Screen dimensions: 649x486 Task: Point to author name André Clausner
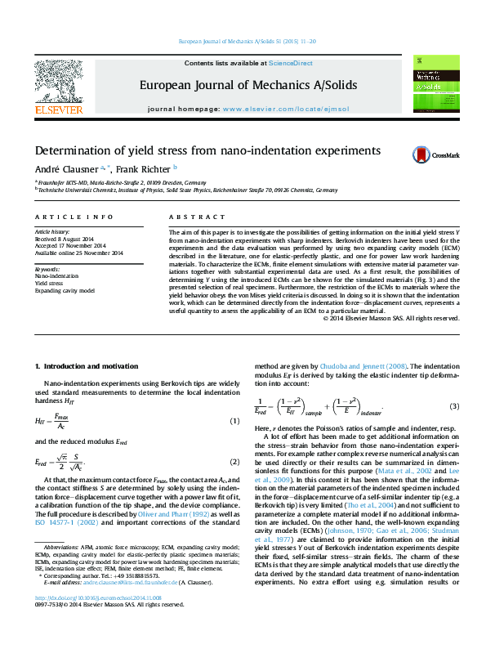(63, 168)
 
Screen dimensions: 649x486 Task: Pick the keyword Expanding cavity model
(64, 290)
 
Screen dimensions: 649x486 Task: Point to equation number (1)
(234, 420)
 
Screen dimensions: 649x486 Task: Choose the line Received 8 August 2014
(65, 239)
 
